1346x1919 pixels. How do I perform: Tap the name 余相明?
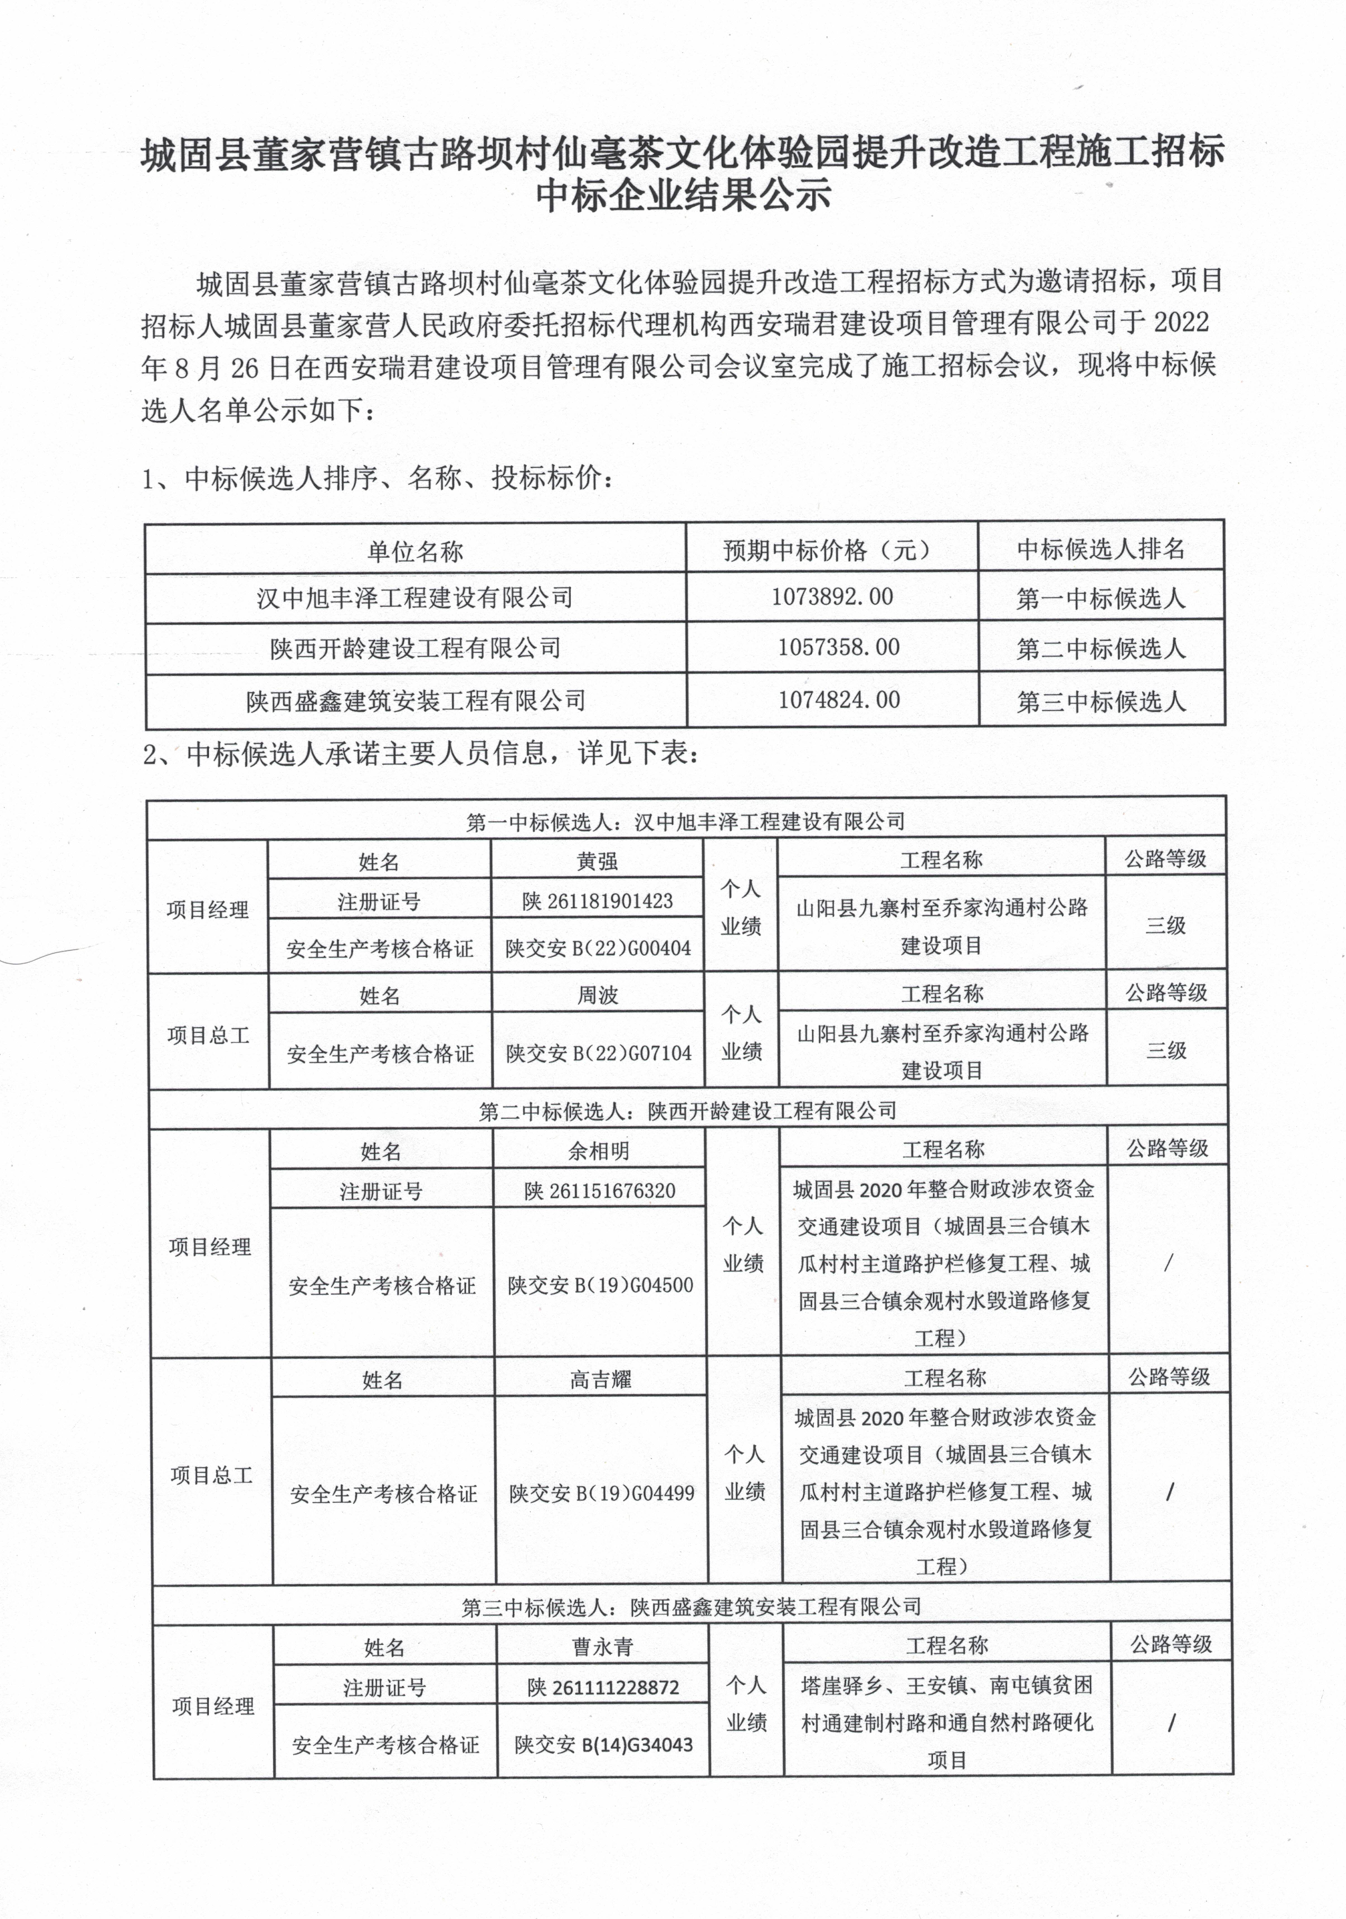pos(599,1151)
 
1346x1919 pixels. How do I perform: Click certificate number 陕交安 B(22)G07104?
pos(599,1053)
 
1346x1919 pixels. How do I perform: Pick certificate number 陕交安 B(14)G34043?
pos(604,1744)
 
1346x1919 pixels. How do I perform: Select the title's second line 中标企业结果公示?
pos(683,195)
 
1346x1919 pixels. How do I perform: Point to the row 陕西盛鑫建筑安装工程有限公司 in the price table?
pos(416,700)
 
